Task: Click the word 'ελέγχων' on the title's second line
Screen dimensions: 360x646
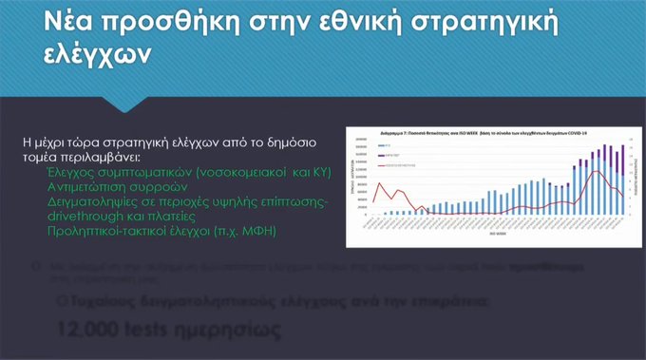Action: [x=85, y=56]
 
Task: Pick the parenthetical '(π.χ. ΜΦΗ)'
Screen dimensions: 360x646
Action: [x=244, y=231]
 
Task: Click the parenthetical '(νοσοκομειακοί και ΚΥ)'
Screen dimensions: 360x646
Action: [x=252, y=173]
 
